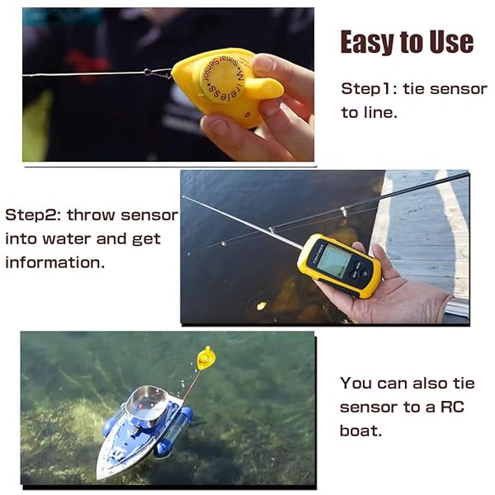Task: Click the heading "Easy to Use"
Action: [407, 41]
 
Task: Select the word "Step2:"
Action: [33, 215]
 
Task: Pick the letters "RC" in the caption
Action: [458, 407]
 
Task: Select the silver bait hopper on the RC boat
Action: [147, 402]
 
